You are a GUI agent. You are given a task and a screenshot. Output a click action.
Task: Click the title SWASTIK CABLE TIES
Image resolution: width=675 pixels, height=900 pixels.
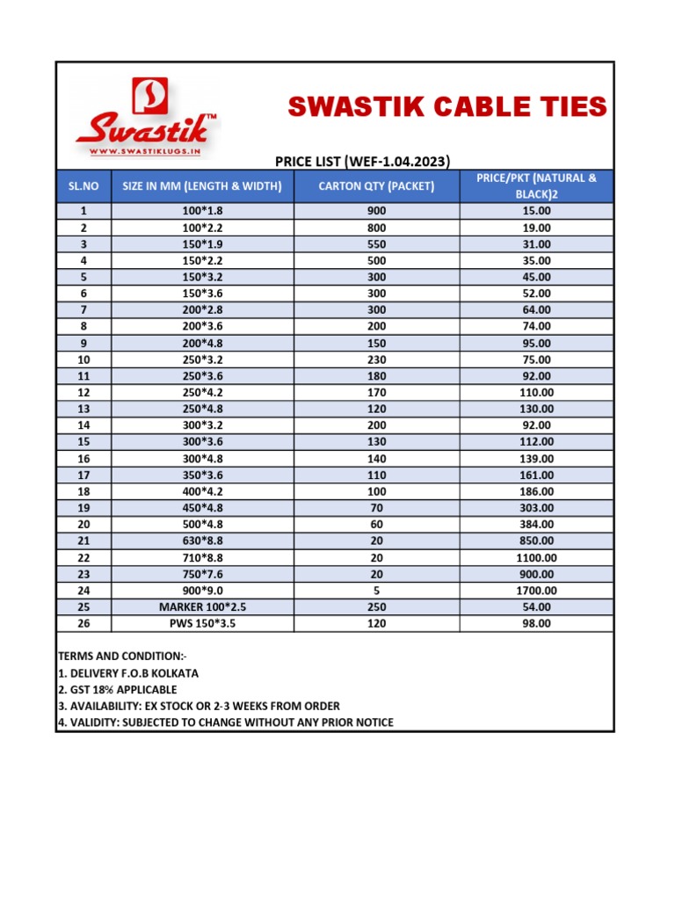pos(447,107)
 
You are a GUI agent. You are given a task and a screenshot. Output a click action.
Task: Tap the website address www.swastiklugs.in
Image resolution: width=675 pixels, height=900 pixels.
pos(147,151)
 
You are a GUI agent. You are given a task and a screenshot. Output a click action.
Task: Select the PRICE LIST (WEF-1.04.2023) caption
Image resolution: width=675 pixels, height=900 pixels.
pos(363,161)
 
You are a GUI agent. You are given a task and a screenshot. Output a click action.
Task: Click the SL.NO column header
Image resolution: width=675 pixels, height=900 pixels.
pos(83,186)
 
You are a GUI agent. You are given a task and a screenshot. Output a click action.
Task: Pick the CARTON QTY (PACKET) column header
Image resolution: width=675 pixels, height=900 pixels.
pos(376,186)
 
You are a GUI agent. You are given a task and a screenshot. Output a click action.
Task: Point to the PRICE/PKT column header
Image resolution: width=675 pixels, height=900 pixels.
pos(536,185)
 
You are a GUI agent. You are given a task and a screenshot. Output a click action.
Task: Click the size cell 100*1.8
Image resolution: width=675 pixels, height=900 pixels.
pos(202,211)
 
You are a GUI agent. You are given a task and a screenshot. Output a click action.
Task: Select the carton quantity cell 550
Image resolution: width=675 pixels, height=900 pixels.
pos(376,244)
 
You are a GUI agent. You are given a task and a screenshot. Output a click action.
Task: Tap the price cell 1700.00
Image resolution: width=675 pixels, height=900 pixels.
pos(536,591)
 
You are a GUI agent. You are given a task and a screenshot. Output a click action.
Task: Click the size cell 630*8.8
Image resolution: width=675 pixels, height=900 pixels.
pos(202,541)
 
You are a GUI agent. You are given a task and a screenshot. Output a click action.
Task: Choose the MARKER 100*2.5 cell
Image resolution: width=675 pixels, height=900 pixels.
pos(202,607)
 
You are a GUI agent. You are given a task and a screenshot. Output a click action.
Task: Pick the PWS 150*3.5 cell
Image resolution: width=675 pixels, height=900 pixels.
pos(202,623)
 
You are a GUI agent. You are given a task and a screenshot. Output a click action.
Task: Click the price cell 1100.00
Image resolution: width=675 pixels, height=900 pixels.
pos(536,557)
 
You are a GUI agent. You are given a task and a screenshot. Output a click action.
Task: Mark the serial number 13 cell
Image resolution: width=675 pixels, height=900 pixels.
pos(83,409)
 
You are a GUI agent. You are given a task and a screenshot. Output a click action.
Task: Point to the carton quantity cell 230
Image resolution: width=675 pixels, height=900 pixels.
pos(376,359)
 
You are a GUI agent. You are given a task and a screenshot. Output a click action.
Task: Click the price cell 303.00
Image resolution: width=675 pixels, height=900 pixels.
pos(536,508)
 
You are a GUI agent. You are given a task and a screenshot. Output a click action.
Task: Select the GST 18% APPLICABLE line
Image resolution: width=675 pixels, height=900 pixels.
pos(118,690)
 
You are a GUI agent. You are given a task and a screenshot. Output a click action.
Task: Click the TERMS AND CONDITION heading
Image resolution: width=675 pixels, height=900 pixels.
pos(122,657)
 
